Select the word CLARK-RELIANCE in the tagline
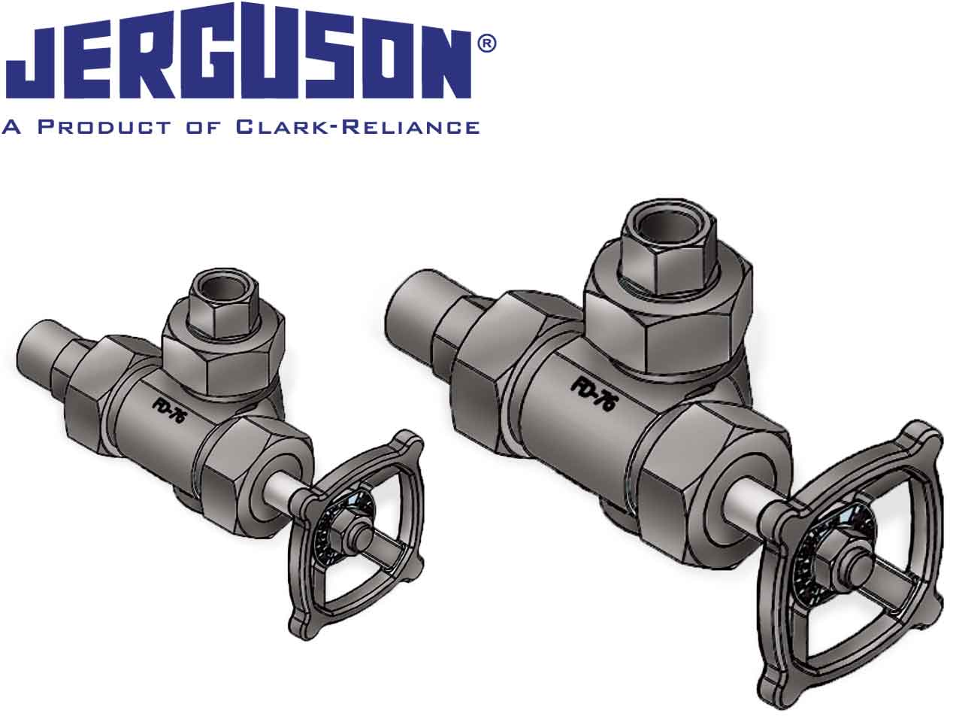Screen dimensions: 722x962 click(x=358, y=126)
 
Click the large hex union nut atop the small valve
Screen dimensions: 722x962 click(x=224, y=353)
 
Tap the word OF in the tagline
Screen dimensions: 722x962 click(x=202, y=126)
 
